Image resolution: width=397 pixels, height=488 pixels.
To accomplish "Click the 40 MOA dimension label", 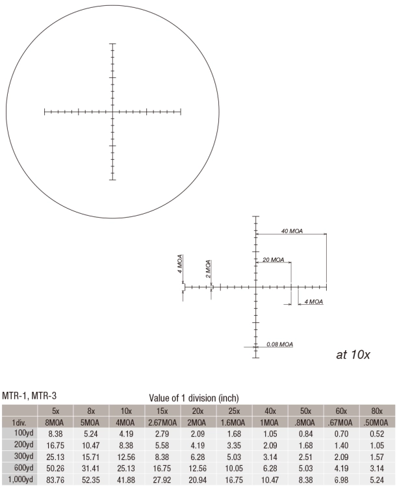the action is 292,231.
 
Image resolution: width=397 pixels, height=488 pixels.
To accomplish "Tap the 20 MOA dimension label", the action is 274,259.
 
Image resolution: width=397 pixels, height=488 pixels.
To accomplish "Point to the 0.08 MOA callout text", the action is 279,344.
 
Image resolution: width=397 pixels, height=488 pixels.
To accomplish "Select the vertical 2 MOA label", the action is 208,268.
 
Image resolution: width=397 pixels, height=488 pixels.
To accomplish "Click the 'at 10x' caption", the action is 353,355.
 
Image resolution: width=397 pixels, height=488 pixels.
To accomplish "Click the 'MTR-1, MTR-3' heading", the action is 29,396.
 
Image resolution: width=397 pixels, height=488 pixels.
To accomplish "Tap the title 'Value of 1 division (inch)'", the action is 194,398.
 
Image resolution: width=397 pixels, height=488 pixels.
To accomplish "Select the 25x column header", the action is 234,411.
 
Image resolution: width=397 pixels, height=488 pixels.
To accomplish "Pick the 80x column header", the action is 377,411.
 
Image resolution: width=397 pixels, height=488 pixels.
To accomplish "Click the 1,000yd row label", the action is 20,480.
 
